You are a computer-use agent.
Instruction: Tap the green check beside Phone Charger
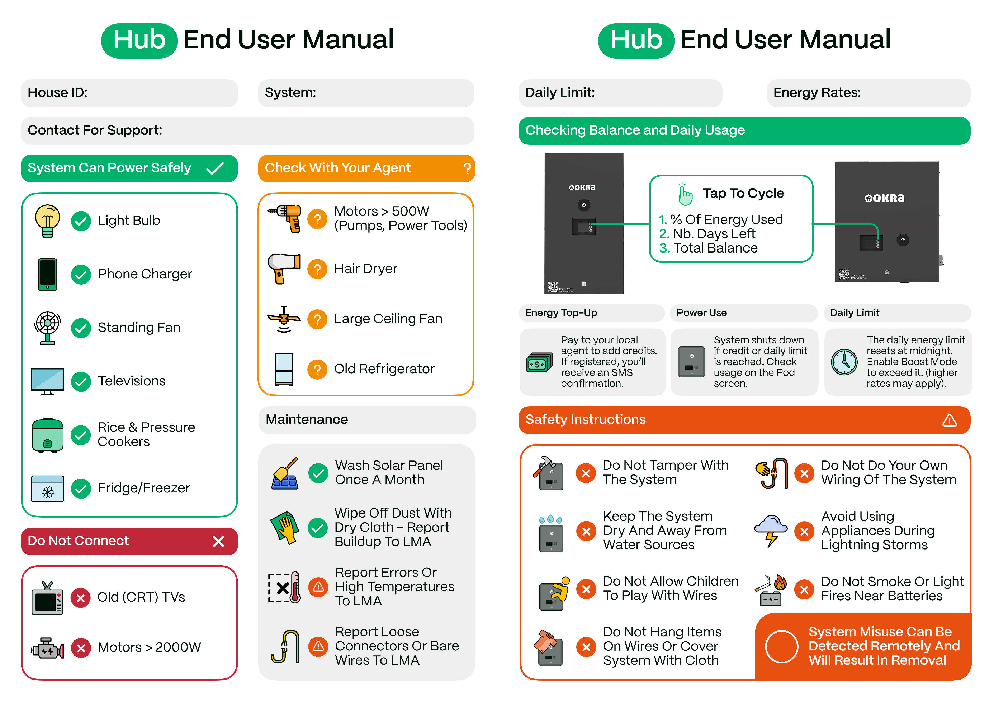(81, 274)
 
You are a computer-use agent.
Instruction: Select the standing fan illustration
(48, 328)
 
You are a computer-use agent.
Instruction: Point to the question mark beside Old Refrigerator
(317, 369)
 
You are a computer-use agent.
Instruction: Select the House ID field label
(58, 93)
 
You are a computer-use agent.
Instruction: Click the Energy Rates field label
(817, 93)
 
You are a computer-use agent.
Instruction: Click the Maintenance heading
(307, 420)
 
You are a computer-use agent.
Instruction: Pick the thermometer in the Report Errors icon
(295, 587)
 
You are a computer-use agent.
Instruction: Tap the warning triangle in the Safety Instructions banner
(949, 420)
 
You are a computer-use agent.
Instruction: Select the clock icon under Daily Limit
(844, 362)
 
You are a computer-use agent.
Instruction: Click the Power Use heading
(702, 313)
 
